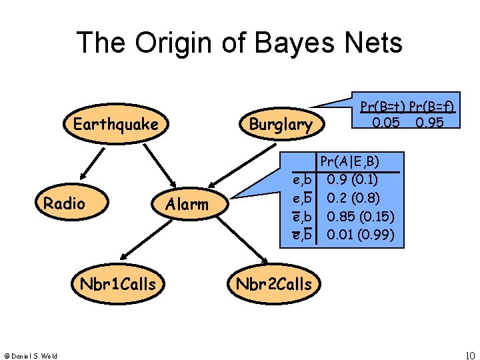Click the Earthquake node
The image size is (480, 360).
(115, 125)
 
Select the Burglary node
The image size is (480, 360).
(280, 125)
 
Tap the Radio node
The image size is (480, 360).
(64, 203)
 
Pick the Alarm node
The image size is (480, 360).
(187, 205)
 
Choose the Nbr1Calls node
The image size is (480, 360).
(118, 284)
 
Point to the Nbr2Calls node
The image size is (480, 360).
(273, 284)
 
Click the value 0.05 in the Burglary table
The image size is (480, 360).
(385, 123)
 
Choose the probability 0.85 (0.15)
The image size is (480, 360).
(360, 217)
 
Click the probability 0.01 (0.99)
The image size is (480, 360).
(360, 235)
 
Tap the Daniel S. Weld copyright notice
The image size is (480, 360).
(29, 355)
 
